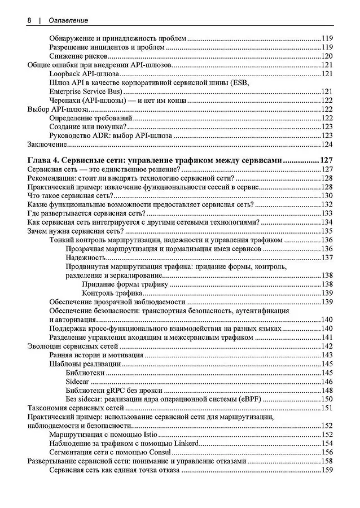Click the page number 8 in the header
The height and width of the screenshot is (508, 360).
tap(29, 20)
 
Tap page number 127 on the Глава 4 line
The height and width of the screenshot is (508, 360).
tap(326, 160)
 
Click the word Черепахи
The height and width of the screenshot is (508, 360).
tap(65, 100)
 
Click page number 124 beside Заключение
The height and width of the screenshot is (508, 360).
tap(327, 145)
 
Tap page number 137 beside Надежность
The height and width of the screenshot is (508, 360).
tap(327, 257)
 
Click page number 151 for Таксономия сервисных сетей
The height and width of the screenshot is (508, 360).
tap(327, 408)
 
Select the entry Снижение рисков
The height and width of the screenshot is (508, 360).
tap(78, 56)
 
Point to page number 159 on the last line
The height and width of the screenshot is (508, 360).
tap(327, 470)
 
